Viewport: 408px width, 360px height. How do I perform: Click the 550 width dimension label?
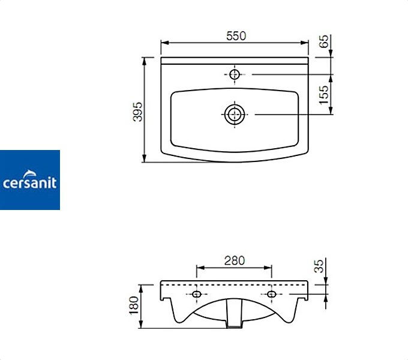click(x=236, y=36)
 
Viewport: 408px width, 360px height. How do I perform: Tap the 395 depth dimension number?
click(x=138, y=112)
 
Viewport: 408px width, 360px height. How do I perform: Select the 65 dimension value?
click(x=324, y=41)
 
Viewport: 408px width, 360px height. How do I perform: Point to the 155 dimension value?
click(x=324, y=95)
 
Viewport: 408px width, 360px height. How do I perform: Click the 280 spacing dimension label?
click(x=235, y=260)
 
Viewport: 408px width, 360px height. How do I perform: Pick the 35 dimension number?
click(x=319, y=266)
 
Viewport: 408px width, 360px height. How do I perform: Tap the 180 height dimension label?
click(x=134, y=305)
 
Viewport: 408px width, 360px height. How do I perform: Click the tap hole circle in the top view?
click(x=235, y=74)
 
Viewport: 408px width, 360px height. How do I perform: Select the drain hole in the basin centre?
click(x=235, y=115)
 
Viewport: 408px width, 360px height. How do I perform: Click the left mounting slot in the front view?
click(x=197, y=294)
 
